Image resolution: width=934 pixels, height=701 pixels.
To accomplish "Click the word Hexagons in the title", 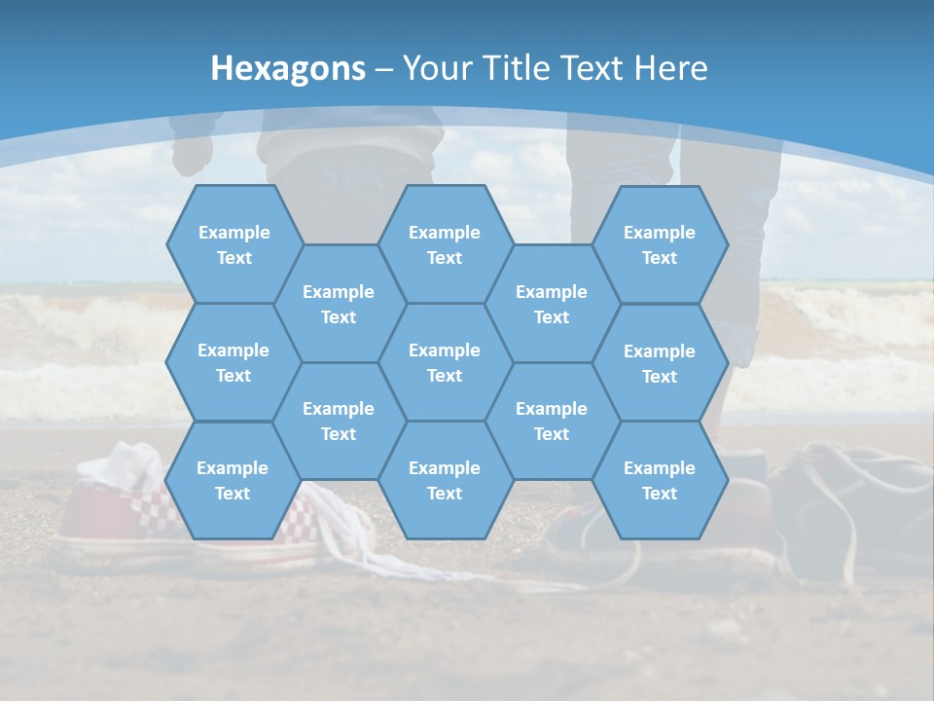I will click(x=288, y=68).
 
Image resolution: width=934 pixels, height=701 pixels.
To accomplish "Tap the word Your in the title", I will click(x=437, y=68).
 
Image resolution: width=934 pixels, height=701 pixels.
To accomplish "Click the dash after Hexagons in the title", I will click(x=384, y=68).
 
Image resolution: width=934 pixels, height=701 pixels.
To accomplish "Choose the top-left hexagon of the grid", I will click(x=233, y=244).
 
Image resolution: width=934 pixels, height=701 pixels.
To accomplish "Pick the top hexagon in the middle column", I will click(x=445, y=244).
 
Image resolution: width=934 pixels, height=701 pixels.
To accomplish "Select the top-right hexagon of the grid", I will click(x=660, y=244).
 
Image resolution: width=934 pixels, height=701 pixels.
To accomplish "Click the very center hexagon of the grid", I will click(x=445, y=362).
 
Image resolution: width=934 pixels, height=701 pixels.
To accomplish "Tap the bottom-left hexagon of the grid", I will click(x=233, y=480).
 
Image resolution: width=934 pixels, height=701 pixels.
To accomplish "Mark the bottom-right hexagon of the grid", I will click(x=660, y=480).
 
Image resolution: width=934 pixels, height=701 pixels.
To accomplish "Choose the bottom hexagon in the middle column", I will click(x=445, y=480).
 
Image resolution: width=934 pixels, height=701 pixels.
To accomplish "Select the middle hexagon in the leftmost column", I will click(x=233, y=362).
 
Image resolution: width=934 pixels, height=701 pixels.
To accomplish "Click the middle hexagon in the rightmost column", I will click(x=660, y=363).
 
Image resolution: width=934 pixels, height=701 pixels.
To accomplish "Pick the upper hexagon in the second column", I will click(x=339, y=304).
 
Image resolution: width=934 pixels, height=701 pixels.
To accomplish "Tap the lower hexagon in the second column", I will click(x=339, y=421).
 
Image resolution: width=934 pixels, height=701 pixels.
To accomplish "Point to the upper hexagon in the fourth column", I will click(x=552, y=304).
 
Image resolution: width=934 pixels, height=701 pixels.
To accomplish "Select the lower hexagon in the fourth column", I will click(x=552, y=421).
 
